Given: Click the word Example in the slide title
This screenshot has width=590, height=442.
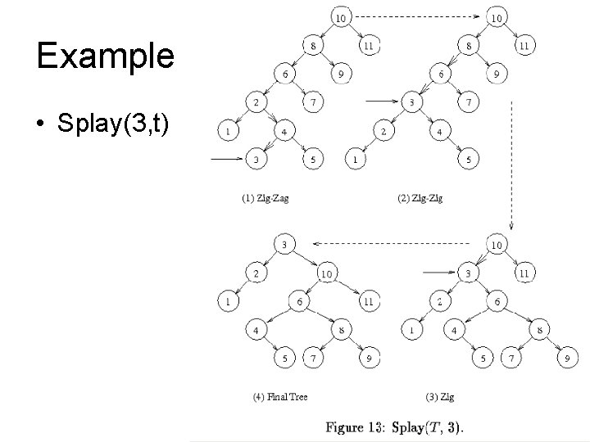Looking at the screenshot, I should tap(105, 56).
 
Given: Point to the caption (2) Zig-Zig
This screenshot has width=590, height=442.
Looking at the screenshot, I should tap(419, 198).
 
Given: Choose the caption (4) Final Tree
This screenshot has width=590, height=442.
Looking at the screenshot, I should tap(281, 397).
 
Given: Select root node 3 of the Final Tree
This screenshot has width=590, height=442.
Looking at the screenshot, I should tap(283, 245).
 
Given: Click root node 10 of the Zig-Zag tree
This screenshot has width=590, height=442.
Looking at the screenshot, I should tap(341, 16).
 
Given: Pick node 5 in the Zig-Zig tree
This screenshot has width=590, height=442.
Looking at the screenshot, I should tap(468, 159).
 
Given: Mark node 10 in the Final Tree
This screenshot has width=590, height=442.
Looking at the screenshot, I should tap(326, 273).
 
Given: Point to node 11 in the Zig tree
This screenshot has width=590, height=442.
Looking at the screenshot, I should tap(524, 273).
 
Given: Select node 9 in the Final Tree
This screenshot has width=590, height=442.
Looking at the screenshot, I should tap(370, 358).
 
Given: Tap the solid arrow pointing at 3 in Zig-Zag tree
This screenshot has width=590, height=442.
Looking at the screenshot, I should tap(227, 159).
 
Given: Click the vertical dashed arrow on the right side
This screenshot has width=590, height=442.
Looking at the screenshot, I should tap(511, 164).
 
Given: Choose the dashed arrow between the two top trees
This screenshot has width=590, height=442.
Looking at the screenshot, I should tap(418, 16).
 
